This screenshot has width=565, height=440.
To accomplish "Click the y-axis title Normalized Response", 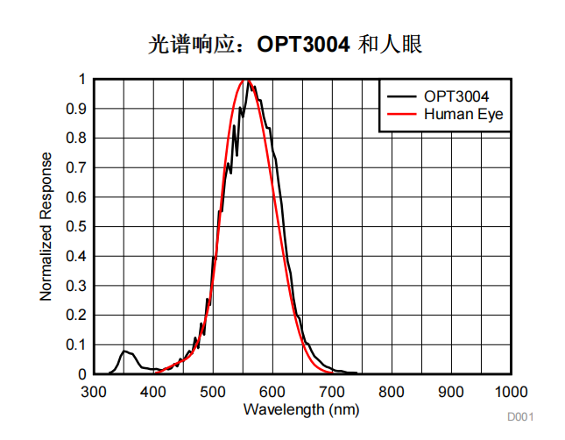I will click(46, 226).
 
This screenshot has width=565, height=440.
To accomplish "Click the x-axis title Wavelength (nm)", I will click(300, 408).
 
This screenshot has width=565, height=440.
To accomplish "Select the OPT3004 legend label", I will click(456, 96).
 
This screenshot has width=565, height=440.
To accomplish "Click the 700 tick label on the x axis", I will click(332, 391).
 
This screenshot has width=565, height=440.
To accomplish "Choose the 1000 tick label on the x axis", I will click(511, 391).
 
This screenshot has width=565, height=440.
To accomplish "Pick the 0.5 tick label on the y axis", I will click(77, 227).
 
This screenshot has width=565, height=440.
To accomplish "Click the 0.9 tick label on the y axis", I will click(77, 109).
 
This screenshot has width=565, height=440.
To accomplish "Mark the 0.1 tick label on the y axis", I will click(77, 345).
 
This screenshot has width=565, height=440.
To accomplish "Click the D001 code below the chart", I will click(519, 417).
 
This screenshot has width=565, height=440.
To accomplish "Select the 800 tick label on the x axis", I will click(392, 391).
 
